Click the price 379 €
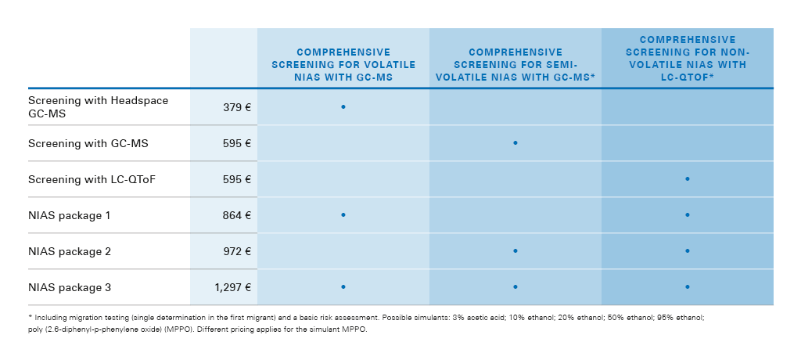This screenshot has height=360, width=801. [235, 106]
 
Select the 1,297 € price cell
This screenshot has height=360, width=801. [232, 287]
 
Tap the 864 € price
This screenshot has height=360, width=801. [235, 215]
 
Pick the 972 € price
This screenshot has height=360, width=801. [235, 251]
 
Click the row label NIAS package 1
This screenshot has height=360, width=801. [70, 215]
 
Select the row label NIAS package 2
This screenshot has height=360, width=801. [70, 251]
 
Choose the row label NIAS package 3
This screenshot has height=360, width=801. [70, 287]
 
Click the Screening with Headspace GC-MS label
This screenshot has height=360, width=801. [98, 106]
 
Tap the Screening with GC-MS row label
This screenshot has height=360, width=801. [88, 143]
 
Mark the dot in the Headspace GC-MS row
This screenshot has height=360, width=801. [343, 106]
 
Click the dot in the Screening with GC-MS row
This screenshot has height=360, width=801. [515, 142]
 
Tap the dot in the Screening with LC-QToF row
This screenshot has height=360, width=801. [688, 179]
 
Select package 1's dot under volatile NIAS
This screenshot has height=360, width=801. [343, 214]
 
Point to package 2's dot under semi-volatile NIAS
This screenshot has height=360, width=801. [515, 250]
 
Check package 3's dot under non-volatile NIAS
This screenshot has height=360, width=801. [688, 286]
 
